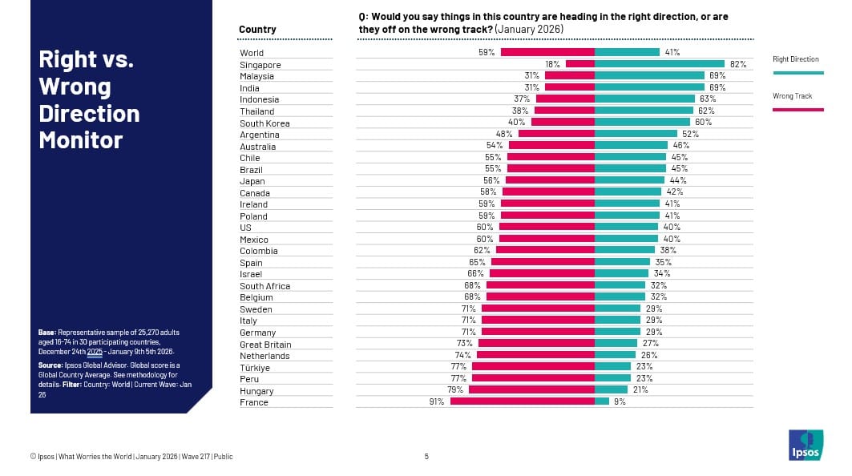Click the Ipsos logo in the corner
pos(806,446)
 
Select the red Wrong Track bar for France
pos(523,401)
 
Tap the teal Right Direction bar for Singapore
pos(660,64)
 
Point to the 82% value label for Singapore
pos(738,64)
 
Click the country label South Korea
pos(264,123)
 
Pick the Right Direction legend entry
pos(796,59)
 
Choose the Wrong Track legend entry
pos(793,96)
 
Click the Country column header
pos(257,30)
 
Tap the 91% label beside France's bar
pos(437,401)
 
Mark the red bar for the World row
pos(547,52)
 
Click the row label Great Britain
pos(265,345)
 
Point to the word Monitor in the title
pos(81,140)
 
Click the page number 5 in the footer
pos(426,457)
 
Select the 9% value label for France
pos(620,401)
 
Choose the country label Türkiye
pos(255,368)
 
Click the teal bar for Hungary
pos(611,390)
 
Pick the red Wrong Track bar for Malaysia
pos(570,76)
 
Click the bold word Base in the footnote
pos(46,332)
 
